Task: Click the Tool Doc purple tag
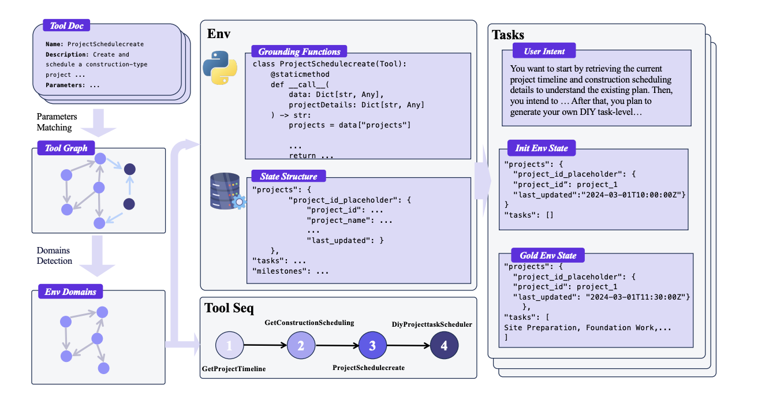coord(66,26)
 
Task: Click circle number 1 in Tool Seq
coord(229,346)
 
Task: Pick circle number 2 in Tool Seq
coord(301,346)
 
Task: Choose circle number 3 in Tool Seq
coord(372,346)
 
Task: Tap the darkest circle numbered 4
coord(444,346)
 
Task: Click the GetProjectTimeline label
coord(234,368)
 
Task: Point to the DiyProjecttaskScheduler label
coord(432,324)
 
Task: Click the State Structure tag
coord(288,176)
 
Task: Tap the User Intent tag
coord(544,51)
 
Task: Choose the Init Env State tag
coord(541,148)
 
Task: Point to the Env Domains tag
coord(70,292)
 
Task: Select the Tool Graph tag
coord(66,148)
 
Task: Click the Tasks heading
coord(508,35)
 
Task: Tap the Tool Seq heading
coord(229,308)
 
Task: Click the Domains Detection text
coord(54,256)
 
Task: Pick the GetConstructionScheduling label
coord(309,322)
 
